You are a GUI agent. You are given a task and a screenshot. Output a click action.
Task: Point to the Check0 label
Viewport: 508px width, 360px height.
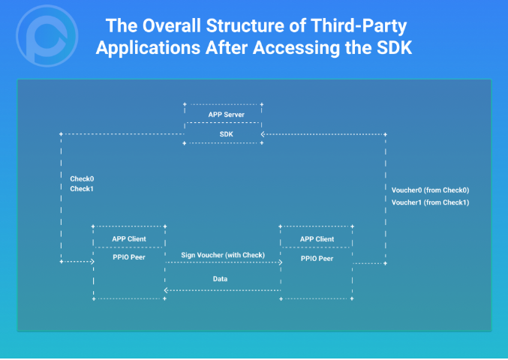[82, 178]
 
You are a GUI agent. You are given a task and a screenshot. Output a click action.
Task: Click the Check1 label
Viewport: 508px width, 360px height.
[82, 189]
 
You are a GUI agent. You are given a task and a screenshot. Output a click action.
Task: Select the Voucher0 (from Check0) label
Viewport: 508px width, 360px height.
[430, 190]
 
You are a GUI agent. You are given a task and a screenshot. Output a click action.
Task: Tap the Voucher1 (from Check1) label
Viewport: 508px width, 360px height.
[430, 202]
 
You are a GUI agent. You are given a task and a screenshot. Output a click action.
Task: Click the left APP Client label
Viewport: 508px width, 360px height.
[129, 239]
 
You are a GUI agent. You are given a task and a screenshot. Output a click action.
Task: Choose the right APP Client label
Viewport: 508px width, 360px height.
[317, 239]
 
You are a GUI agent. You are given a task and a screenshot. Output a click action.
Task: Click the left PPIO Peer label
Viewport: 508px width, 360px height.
[129, 257]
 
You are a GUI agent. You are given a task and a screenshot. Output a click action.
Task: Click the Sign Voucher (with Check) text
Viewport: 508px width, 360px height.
[223, 255]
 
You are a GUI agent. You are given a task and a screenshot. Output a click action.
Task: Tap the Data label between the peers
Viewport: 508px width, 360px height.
[219, 278]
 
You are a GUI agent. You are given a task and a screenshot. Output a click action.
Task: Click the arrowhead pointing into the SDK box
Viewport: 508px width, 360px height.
[263, 135]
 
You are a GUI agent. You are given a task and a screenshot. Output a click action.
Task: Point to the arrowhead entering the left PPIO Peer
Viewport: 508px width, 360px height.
[91, 262]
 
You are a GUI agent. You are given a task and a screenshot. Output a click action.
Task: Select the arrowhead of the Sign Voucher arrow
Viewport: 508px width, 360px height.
[279, 262]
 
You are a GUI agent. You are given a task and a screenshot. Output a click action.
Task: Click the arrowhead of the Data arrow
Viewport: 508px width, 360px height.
[168, 290]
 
